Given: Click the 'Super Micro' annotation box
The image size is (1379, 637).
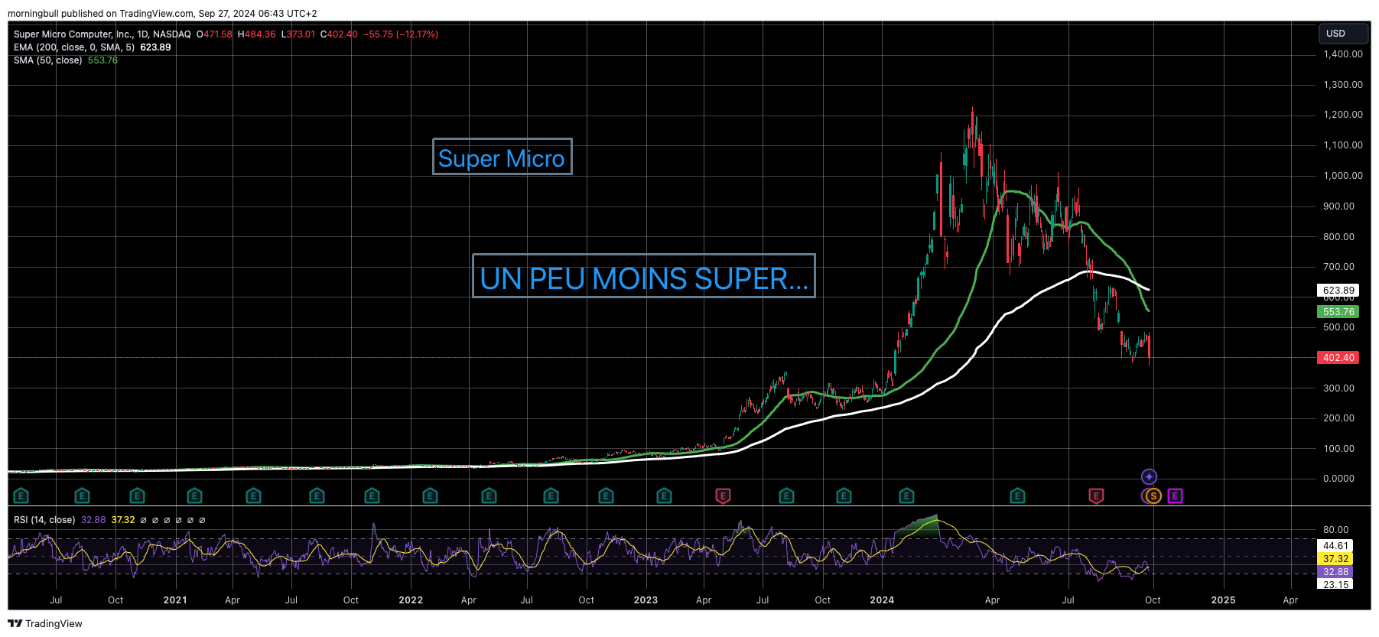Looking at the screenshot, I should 502,157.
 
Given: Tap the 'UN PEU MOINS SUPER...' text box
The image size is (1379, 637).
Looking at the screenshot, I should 643,276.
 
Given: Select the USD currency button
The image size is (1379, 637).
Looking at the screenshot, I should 1342,34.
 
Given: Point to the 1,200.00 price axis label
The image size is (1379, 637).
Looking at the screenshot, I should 1342,115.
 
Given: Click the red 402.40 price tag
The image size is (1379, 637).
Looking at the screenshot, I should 1338,358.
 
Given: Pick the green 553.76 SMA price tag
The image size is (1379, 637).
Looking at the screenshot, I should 1338,312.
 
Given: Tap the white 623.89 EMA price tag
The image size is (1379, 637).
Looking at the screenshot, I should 1338,291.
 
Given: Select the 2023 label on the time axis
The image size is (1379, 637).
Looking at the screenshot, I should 646,600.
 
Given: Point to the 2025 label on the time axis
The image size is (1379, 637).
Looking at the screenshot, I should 1223,600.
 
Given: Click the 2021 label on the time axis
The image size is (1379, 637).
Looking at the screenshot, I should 175,600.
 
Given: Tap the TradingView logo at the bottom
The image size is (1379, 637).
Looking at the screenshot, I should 45,623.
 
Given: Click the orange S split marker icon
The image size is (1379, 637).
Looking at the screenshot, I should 1152,496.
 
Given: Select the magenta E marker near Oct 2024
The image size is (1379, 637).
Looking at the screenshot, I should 1175,496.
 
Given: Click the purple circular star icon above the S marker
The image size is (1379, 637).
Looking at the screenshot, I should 1149,477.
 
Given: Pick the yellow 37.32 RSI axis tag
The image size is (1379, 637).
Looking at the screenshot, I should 1335,559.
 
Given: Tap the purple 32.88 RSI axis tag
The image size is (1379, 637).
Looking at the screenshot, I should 1335,572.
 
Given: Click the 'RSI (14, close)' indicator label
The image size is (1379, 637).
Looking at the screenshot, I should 44,520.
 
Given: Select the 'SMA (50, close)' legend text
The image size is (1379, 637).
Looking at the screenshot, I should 47,60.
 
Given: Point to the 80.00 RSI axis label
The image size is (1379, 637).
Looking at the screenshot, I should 1335,530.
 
